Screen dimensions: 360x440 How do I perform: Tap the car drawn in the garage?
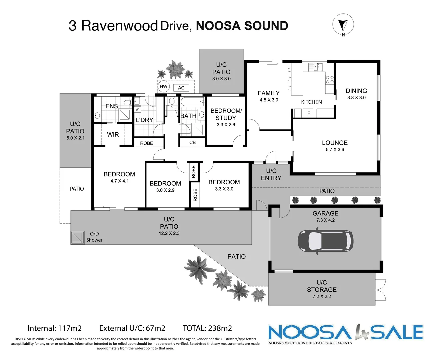(x=325, y=241)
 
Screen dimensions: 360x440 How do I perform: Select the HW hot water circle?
(x=163, y=87)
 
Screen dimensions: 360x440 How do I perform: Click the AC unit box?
(x=181, y=88)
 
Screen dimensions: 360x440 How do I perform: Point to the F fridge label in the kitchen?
(x=309, y=113)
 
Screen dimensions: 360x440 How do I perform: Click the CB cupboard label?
(x=192, y=142)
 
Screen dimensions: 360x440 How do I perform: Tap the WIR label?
(x=113, y=134)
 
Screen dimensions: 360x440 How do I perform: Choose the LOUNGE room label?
(x=335, y=143)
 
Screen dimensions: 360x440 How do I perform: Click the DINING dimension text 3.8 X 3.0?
(x=356, y=98)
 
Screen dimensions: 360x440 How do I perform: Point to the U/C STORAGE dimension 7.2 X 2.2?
(x=322, y=296)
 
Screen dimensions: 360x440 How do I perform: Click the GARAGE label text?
(x=325, y=213)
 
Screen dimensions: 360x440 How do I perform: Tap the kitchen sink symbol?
(x=315, y=67)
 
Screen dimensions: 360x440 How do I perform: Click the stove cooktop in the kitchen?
(x=330, y=79)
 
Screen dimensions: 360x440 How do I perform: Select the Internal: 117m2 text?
(x=54, y=328)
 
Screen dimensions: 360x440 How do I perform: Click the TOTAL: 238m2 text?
(x=207, y=328)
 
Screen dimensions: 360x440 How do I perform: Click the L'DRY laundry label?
(x=144, y=120)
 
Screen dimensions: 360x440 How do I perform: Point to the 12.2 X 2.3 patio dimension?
(x=169, y=233)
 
